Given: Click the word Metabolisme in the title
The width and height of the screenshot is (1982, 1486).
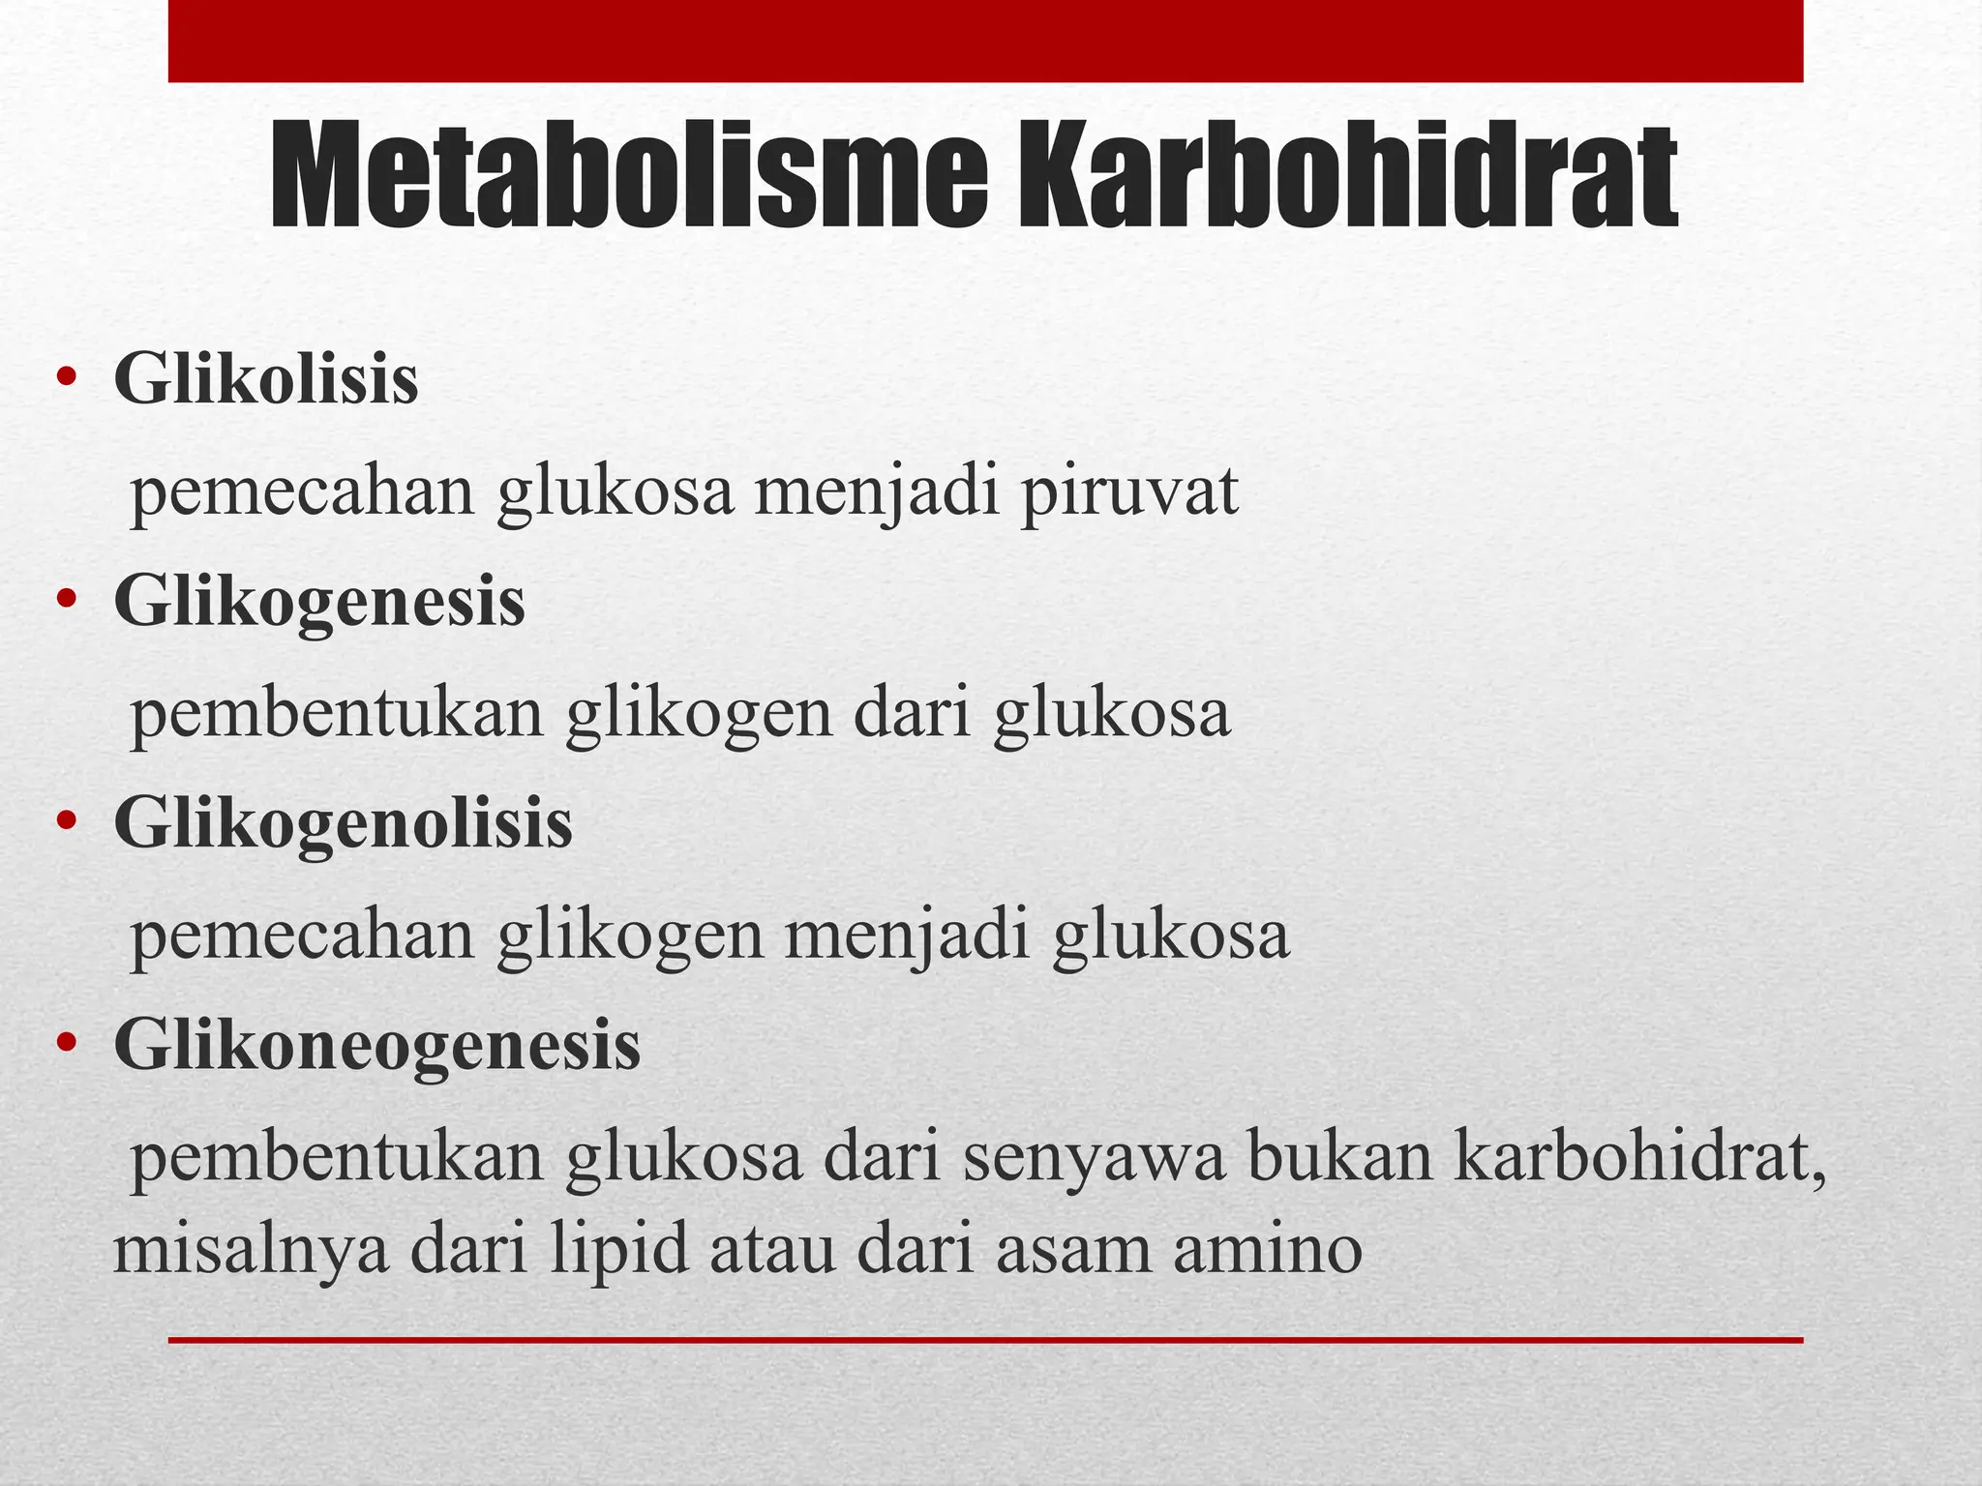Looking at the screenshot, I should [x=628, y=178].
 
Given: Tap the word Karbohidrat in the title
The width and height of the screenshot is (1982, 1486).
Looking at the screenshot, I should [x=1346, y=178].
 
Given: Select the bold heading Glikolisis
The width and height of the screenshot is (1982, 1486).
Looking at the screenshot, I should [x=266, y=379].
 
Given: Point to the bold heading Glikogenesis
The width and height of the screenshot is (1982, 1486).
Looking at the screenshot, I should [x=319, y=602].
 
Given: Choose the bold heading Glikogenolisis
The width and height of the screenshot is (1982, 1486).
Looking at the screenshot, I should [x=343, y=823].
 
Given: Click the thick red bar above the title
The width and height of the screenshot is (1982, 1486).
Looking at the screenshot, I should [x=985, y=41].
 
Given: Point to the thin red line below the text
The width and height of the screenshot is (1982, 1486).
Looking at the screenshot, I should [x=985, y=1340].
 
